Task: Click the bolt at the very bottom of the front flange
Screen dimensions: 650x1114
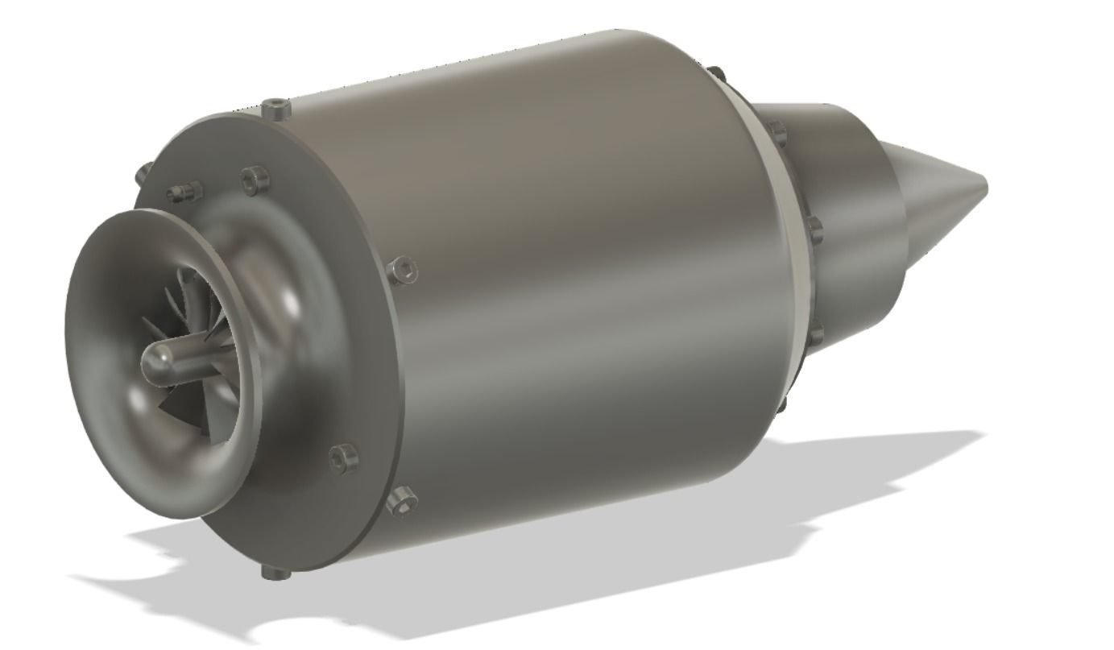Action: point(274,573)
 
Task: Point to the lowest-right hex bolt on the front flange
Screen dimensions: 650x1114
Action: point(402,503)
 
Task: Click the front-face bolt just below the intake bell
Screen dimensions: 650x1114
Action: point(345,457)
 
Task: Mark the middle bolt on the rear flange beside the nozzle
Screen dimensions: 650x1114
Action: point(812,230)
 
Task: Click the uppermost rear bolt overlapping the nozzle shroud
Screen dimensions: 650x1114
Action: point(775,130)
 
